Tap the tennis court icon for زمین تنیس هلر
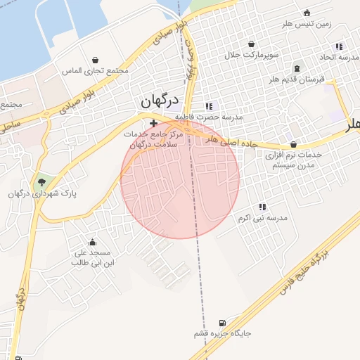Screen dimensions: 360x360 [x=307, y=13]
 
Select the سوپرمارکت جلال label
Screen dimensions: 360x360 [x=252, y=54]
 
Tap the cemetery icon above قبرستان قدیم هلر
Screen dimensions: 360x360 [x=297, y=69]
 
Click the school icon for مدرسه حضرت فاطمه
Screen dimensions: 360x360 [x=208, y=105]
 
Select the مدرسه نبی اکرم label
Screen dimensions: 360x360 [x=263, y=218]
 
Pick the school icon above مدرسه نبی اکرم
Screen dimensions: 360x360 [x=262, y=207]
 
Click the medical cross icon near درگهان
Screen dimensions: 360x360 [x=154, y=123]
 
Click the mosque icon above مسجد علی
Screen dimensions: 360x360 [x=92, y=243]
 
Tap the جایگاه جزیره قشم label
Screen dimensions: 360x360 [x=223, y=334]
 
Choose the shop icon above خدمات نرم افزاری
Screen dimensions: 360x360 [x=292, y=144]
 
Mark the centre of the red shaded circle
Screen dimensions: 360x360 [x=180, y=179]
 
